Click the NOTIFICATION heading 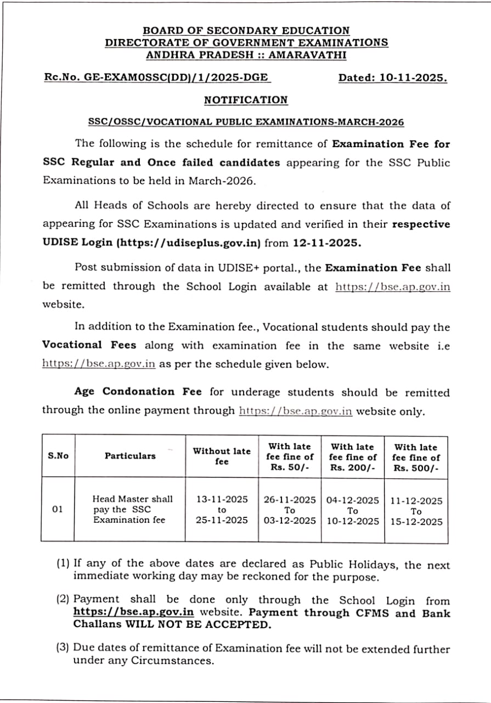tap(245, 100)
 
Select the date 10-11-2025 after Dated tap(412, 78)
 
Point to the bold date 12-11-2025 tap(327, 242)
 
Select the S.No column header tap(58, 456)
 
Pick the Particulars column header tap(130, 456)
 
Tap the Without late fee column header tap(222, 456)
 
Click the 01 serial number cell tap(58, 510)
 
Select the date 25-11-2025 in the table tap(222, 520)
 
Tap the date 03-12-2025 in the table tap(290, 521)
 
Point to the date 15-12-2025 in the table tap(416, 522)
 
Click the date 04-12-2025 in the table tap(353, 500)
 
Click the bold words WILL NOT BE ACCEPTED tap(198, 625)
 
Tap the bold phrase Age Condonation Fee tap(138, 392)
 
